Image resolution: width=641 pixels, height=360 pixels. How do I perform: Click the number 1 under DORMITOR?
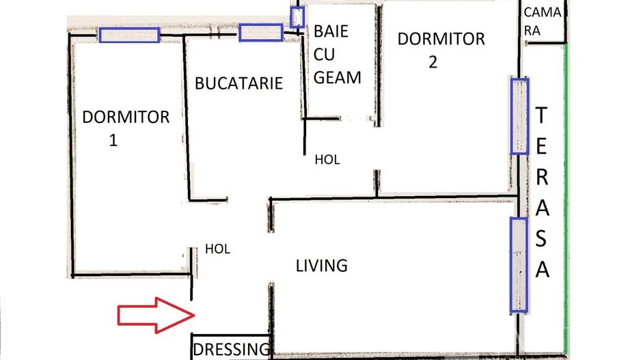coord(113,141)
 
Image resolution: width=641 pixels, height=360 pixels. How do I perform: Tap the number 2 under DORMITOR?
coord(433,62)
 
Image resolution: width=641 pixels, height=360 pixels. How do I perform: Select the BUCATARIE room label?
coord(238,83)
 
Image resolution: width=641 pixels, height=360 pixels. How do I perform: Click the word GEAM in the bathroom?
coord(338,77)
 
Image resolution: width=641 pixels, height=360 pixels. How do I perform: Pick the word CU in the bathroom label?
coord(325,54)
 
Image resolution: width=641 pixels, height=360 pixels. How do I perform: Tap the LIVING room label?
coord(322,265)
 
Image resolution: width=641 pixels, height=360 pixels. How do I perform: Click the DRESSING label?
coord(231,350)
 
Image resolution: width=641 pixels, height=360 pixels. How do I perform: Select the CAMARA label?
coord(543,21)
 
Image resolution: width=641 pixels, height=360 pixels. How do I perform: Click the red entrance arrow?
coord(156,315)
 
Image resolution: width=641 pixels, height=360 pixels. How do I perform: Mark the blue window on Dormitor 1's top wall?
coord(129,35)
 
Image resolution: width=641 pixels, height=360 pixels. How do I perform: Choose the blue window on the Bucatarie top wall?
coord(260,32)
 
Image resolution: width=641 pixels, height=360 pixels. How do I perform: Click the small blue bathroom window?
coord(297,17)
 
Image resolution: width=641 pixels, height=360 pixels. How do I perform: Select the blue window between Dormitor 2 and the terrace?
coord(519,115)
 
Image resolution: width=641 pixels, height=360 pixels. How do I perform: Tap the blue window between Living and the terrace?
coord(519,265)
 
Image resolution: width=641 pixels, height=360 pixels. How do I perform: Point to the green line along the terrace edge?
coord(566,205)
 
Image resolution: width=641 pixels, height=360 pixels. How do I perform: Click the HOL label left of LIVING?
coord(217,249)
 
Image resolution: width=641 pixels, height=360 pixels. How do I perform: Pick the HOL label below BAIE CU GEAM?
coord(327,160)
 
